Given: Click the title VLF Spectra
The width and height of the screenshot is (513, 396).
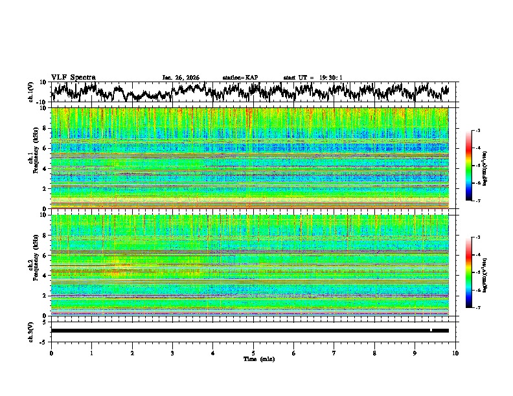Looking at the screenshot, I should [x=73, y=78].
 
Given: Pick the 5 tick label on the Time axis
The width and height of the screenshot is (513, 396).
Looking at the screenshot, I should [x=253, y=353].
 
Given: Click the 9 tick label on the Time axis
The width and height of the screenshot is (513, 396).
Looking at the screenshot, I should [x=415, y=353].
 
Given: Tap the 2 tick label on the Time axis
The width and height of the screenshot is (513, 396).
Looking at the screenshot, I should [x=132, y=353].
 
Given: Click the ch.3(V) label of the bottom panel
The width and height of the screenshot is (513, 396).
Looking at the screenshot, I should [x=31, y=330].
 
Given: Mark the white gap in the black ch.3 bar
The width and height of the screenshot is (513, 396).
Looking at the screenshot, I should [x=431, y=330].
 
